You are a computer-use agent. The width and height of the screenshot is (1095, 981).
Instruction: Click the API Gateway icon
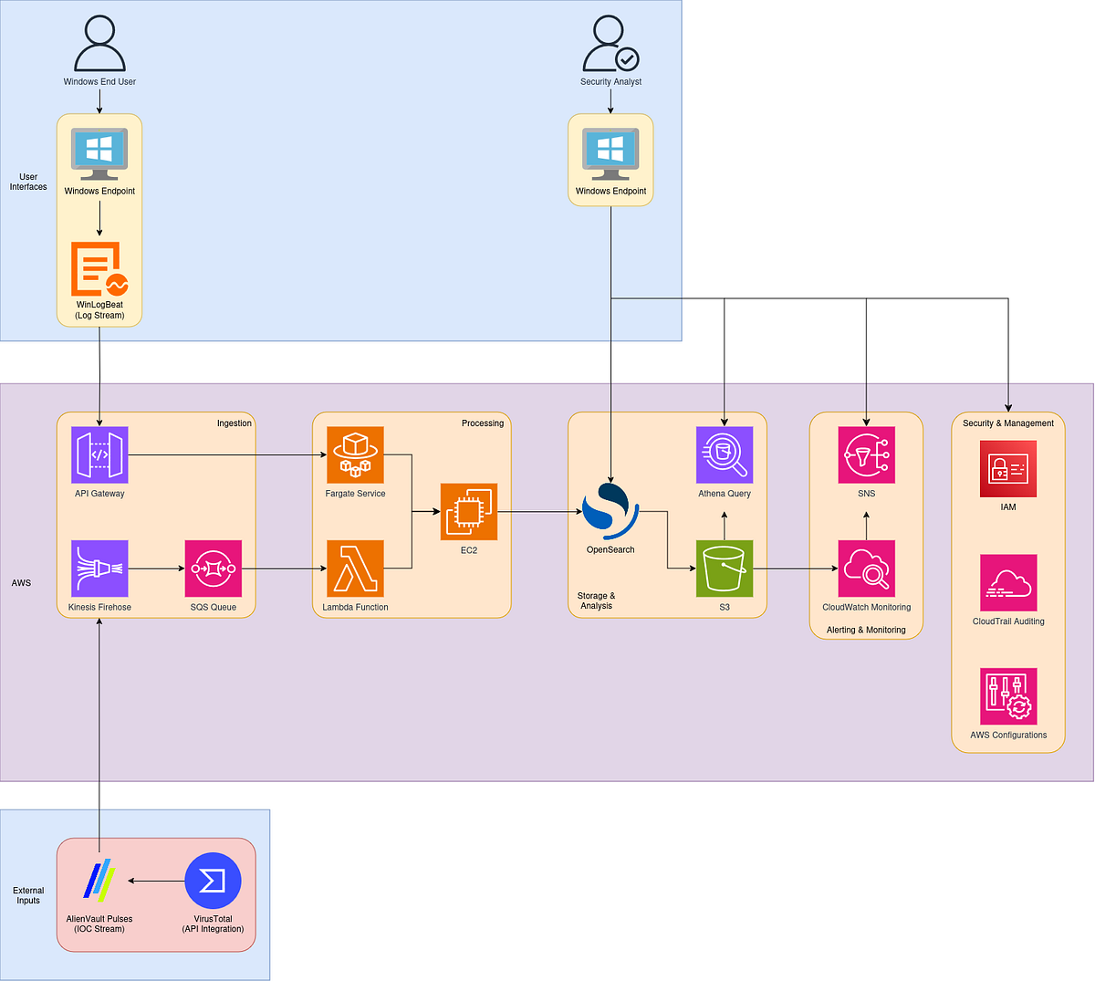point(99,454)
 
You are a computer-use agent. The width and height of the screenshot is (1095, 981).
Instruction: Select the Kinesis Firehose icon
point(99,569)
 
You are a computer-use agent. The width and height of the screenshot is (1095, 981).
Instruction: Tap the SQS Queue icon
point(214,569)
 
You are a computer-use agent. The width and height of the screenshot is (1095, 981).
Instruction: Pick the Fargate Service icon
point(355,454)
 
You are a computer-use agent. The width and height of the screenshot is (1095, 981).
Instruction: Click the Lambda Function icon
point(355,569)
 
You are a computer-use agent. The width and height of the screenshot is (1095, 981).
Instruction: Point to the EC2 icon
point(469,511)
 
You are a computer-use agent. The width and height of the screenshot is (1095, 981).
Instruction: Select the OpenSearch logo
point(610,511)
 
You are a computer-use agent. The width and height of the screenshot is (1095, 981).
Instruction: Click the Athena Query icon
point(725,454)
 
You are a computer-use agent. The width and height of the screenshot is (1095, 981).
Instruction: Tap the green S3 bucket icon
point(725,569)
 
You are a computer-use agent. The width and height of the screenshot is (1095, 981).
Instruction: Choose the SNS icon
point(866,454)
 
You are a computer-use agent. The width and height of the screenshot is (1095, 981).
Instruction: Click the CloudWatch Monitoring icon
point(866,569)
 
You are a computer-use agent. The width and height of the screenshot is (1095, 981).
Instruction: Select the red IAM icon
point(1007,469)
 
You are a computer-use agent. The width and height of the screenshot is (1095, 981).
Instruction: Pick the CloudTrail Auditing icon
point(1008,583)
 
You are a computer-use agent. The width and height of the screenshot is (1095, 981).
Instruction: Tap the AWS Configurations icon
point(1008,696)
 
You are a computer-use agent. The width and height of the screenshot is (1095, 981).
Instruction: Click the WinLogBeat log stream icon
point(99,269)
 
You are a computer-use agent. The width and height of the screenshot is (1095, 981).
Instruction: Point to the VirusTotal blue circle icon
point(213,881)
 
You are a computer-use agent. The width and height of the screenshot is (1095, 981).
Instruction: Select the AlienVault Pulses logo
point(99,881)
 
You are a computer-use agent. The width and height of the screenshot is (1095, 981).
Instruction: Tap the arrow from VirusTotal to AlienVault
point(156,881)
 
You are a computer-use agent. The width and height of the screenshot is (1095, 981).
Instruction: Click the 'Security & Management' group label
point(1007,423)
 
